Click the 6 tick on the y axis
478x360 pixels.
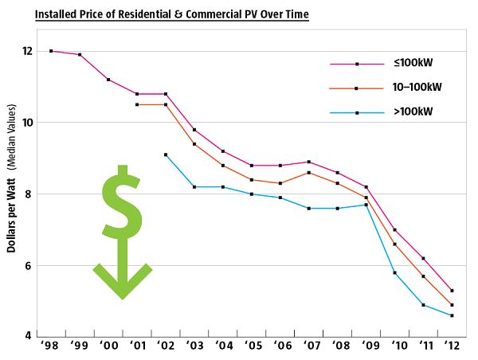[29, 266]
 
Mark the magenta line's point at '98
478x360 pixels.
[51, 51]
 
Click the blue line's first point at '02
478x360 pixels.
[166, 155]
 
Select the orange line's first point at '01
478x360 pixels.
[137, 104]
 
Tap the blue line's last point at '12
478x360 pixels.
[452, 315]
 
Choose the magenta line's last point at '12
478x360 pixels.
[452, 291]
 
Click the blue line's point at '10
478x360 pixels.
[394, 272]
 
